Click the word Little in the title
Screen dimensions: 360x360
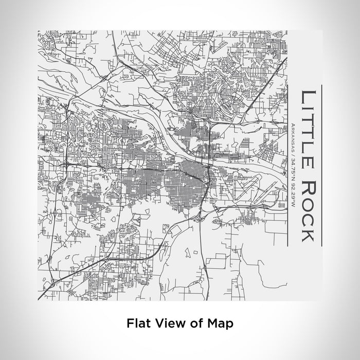tap(307, 128)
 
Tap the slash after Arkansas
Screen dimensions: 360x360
tap(293, 156)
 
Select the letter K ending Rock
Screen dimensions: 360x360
tap(307, 235)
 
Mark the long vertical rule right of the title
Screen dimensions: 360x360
tap(321, 164)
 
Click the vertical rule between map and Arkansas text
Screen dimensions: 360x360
tap(286, 164)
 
